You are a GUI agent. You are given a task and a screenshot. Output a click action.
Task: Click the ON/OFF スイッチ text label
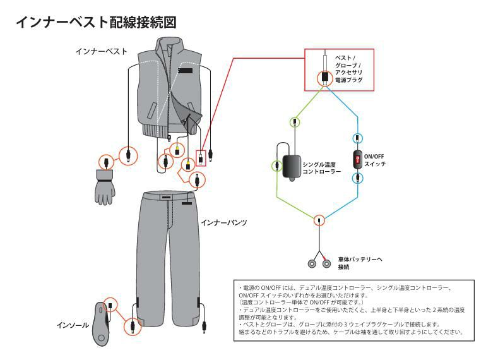(375, 160)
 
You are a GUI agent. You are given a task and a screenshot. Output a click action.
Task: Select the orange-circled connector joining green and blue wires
(320, 220)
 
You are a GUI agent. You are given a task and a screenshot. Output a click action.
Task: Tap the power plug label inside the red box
(348, 69)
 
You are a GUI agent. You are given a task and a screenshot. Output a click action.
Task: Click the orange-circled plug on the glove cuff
(107, 160)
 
